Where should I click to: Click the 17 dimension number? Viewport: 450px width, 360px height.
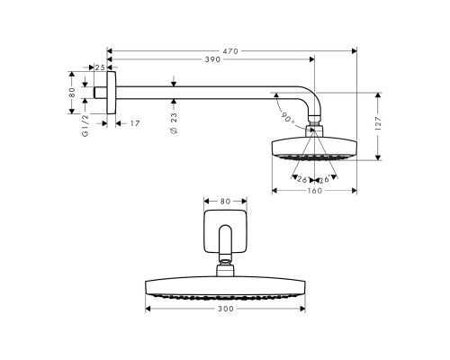click(x=133, y=123)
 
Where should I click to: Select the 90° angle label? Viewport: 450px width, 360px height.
click(x=287, y=116)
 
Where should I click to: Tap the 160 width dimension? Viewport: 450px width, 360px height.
click(x=314, y=190)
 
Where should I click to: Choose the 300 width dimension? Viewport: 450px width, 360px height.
click(x=225, y=309)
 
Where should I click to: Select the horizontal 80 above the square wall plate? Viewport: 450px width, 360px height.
click(x=225, y=200)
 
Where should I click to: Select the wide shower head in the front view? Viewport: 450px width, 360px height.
click(x=225, y=287)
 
